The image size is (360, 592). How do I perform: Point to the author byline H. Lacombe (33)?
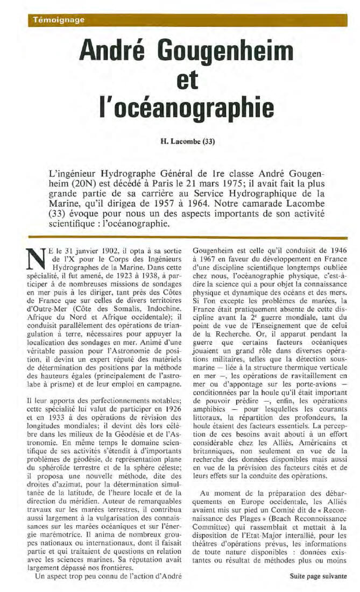tap(187, 141)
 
